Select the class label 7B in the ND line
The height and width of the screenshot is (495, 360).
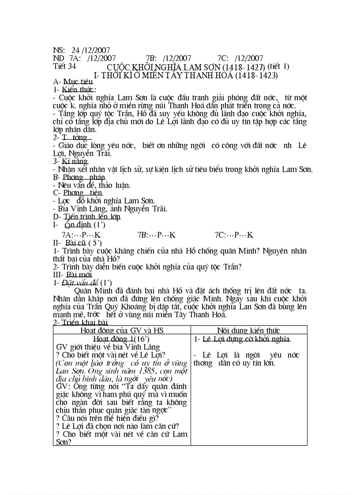tap(150, 58)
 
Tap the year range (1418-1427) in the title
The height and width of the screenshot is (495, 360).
tap(244, 67)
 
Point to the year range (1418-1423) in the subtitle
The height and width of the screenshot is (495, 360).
tap(256, 75)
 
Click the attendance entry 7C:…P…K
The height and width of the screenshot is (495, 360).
tap(234, 234)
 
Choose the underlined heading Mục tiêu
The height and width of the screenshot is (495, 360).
tap(78, 82)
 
